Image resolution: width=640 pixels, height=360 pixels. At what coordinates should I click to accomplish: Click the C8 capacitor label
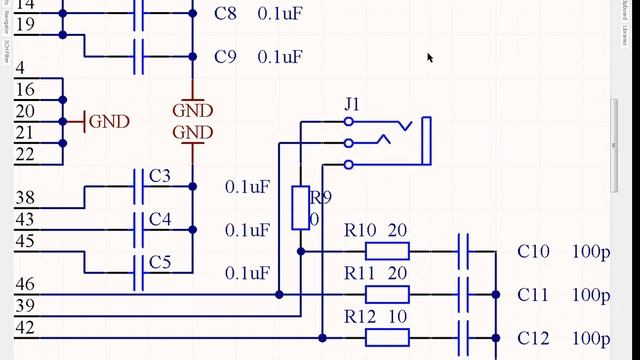226,14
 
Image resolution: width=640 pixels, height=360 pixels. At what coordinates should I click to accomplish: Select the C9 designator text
226,57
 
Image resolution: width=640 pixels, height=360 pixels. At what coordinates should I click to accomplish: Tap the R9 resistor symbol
300,207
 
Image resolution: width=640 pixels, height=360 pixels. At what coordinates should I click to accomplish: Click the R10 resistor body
386,251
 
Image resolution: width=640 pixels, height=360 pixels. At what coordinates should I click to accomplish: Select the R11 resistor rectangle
386,294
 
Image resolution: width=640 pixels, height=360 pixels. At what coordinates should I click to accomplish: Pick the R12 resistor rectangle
386,337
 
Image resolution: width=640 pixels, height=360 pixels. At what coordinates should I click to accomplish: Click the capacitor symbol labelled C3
138,186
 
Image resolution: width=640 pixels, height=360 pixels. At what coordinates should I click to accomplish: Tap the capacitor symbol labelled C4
138,229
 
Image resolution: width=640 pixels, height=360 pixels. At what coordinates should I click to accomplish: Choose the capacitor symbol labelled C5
138,272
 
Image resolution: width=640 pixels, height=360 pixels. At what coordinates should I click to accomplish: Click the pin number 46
25,285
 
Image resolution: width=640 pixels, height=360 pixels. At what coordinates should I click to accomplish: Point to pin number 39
25,306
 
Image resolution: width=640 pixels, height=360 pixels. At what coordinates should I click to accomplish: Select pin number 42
25,328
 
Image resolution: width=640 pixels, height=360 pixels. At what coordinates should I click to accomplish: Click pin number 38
25,198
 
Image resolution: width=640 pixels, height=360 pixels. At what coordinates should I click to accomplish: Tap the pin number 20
25,111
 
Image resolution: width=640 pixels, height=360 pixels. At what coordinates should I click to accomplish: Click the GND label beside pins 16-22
109,122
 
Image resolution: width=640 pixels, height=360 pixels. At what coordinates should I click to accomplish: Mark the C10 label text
533,252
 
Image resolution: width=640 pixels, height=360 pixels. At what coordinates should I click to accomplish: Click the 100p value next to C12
591,338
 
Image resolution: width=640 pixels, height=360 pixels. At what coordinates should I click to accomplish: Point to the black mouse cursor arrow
430,58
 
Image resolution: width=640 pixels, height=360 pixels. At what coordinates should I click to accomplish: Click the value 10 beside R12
397,317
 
